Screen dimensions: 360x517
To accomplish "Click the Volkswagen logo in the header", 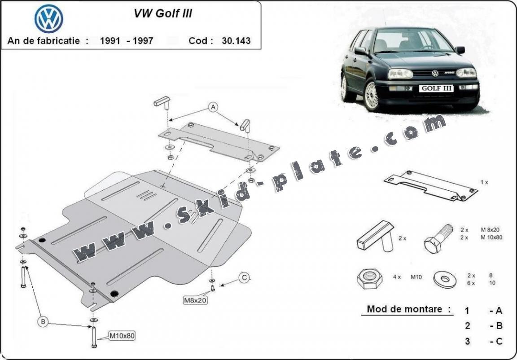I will tap(48, 18).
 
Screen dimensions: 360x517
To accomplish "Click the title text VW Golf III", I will tap(163, 13).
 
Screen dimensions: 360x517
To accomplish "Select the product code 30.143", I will tap(236, 40).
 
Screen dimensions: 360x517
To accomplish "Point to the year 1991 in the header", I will tap(110, 40).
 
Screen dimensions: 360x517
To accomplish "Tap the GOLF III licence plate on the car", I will tap(437, 88).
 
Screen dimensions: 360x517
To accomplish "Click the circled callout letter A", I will tap(213, 107).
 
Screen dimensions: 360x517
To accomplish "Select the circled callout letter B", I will tap(43, 321).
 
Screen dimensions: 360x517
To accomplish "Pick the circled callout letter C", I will tap(244, 278).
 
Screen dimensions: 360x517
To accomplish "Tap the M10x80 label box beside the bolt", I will tap(123, 335).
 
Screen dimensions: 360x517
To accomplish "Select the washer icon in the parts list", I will tap(445, 279).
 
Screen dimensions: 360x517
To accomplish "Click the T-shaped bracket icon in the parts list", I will tap(374, 237).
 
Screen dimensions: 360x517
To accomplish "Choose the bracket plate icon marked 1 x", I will tap(430, 184).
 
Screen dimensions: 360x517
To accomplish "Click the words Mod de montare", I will tap(408, 309).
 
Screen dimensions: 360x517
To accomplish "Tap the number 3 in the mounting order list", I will tap(467, 342).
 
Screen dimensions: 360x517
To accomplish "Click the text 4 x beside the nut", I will tap(396, 277).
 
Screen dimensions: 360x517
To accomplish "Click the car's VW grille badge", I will tap(435, 73).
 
